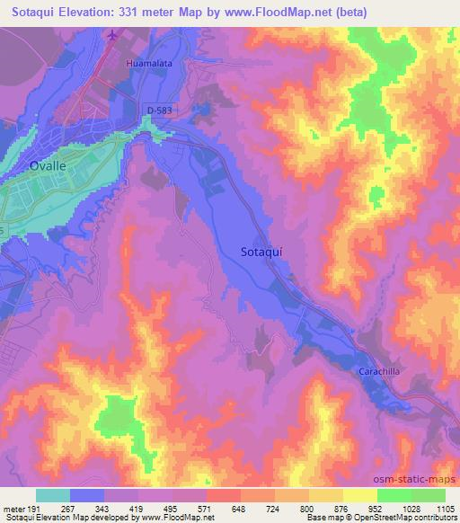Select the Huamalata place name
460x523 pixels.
tap(149, 65)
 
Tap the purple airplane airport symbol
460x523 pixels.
tap(112, 36)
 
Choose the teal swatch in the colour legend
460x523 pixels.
tap(53, 495)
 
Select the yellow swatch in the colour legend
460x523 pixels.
tap(359, 495)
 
